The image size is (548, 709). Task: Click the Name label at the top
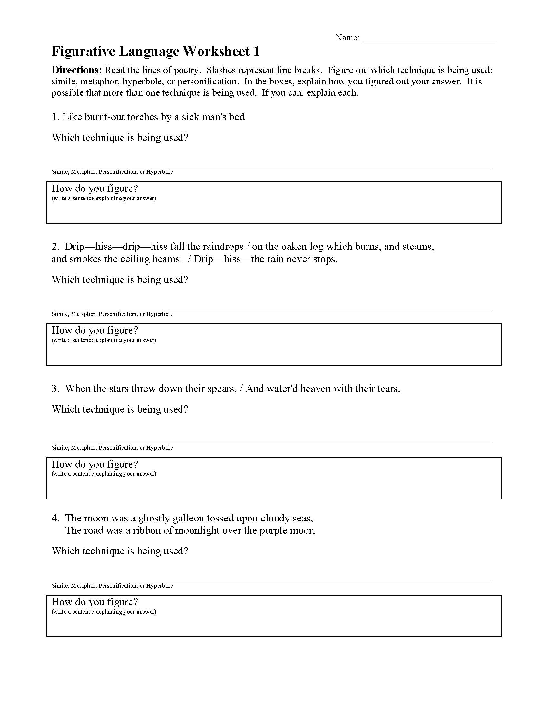[x=347, y=38]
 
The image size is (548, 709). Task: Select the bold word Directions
[x=77, y=70]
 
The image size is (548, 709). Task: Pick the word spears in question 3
[x=222, y=389]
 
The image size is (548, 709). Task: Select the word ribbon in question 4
[x=145, y=530]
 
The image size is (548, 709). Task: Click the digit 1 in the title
[x=257, y=52]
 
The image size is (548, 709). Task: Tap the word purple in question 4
[x=271, y=530]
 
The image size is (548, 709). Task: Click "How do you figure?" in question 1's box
[x=95, y=189]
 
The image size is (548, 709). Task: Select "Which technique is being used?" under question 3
[x=120, y=409]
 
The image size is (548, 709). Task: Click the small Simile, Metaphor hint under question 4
[x=112, y=586]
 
